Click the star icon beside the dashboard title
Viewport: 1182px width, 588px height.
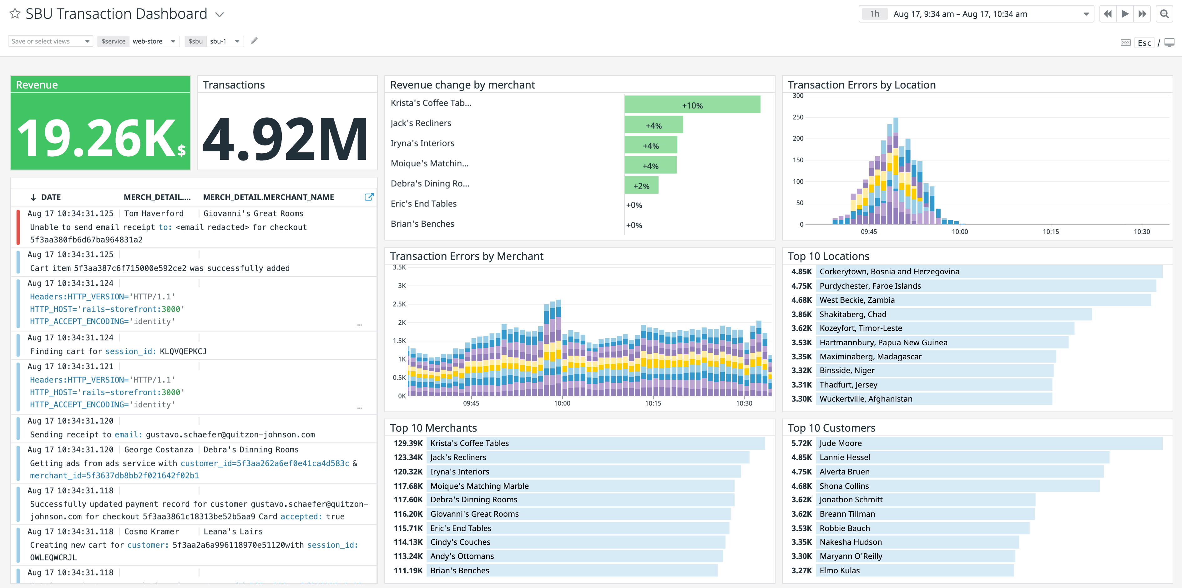pyautogui.click(x=15, y=14)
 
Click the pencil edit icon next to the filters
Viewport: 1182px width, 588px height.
pyautogui.click(x=254, y=41)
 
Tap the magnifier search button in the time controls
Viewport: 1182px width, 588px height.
pyautogui.click(x=1164, y=14)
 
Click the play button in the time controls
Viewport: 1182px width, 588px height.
pyautogui.click(x=1125, y=14)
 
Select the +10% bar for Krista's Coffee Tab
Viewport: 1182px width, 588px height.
pyautogui.click(x=692, y=105)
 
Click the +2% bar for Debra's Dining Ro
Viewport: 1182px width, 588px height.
pyautogui.click(x=641, y=186)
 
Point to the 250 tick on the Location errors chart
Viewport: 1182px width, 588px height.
pyautogui.click(x=798, y=117)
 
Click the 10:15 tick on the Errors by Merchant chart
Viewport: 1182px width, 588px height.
pyautogui.click(x=653, y=403)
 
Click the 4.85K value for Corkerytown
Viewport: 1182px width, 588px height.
pyautogui.click(x=801, y=271)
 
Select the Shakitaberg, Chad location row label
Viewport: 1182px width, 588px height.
pyautogui.click(x=852, y=314)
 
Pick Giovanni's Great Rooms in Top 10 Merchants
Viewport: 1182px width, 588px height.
pyautogui.click(x=474, y=514)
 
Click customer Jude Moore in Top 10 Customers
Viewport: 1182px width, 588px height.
pyautogui.click(x=840, y=443)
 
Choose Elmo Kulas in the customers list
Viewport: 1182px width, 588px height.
pyautogui.click(x=839, y=570)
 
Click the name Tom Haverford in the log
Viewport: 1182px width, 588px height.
pyautogui.click(x=154, y=213)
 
